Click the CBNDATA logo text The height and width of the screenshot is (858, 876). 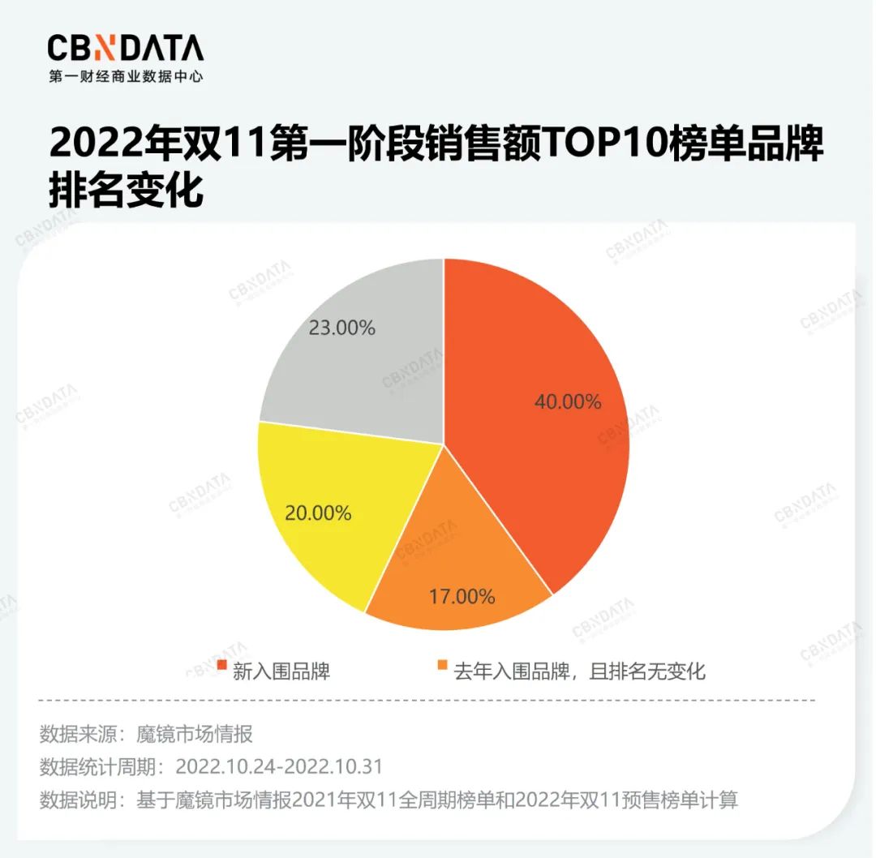point(125,49)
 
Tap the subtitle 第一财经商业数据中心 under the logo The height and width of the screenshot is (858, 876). point(125,77)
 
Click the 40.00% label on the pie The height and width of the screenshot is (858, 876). point(567,401)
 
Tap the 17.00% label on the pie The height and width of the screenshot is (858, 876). point(462,597)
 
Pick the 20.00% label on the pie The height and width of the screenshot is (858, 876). point(317,513)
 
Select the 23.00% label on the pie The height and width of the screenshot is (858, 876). point(341,328)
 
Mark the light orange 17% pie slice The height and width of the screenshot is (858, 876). point(454,560)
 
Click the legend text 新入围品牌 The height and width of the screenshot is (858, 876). point(281,671)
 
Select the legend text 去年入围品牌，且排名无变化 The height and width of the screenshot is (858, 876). point(579,671)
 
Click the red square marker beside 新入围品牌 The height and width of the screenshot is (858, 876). point(221,667)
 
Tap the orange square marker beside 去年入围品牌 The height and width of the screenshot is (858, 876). point(442,667)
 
